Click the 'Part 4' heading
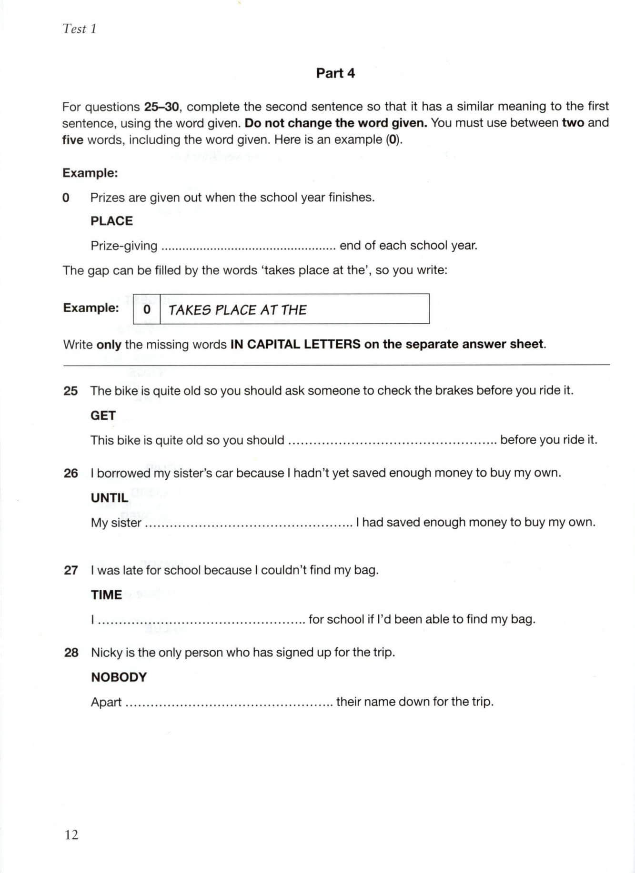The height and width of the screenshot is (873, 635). pyautogui.click(x=335, y=73)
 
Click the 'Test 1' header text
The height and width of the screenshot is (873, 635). pyautogui.click(x=80, y=29)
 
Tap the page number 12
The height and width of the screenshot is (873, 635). pyautogui.click(x=71, y=834)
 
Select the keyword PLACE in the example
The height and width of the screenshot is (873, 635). pyautogui.click(x=111, y=221)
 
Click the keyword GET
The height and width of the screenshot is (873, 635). pyautogui.click(x=103, y=416)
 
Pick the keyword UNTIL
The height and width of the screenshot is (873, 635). pyautogui.click(x=110, y=498)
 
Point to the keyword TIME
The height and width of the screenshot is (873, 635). pyautogui.click(x=106, y=595)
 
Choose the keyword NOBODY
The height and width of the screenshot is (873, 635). pyautogui.click(x=119, y=677)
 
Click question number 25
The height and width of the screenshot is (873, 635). pyautogui.click(x=71, y=391)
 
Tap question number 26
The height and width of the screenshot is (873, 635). pyautogui.click(x=71, y=473)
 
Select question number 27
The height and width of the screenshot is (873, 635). pyautogui.click(x=71, y=570)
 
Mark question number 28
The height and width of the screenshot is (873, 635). pyautogui.click(x=71, y=653)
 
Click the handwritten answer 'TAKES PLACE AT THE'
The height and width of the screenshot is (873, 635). pyautogui.click(x=237, y=310)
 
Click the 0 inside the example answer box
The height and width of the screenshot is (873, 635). pyautogui.click(x=147, y=309)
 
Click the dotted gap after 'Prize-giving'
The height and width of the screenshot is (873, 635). pyautogui.click(x=248, y=247)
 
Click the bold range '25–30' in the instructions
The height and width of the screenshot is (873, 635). pyautogui.click(x=161, y=107)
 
